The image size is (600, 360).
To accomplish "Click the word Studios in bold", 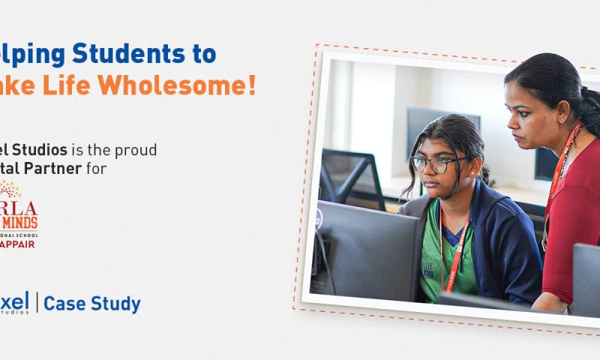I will coord(37,150).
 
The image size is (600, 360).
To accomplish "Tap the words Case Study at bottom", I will coord(92,304).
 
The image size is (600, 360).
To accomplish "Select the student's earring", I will coord(473,174).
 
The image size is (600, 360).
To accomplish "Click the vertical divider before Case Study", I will coord(37,303).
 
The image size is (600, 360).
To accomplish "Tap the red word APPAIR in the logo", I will coord(18,244).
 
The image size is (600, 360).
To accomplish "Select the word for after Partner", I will coord(97,169).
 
